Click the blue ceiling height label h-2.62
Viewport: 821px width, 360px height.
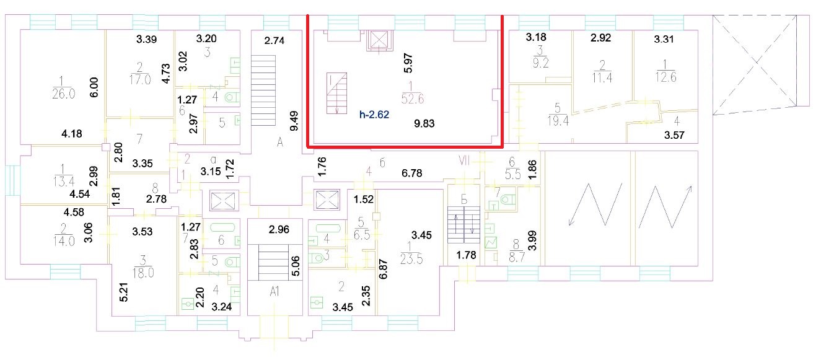click(x=374, y=115)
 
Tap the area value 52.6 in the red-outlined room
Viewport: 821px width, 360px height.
click(x=412, y=99)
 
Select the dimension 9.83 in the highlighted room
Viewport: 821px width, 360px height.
click(x=424, y=123)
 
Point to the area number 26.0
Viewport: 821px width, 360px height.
click(x=63, y=94)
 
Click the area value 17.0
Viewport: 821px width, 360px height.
click(x=139, y=79)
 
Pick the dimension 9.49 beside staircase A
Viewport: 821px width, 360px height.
click(x=294, y=121)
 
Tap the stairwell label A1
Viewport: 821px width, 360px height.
click(x=274, y=291)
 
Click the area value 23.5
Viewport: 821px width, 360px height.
click(x=411, y=259)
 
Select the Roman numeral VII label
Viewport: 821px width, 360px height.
click(x=464, y=160)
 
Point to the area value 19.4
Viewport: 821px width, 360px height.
click(x=558, y=121)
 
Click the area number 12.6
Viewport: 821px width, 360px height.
click(x=665, y=77)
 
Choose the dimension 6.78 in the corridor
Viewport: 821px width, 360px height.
click(x=412, y=173)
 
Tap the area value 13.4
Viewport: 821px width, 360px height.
click(x=63, y=182)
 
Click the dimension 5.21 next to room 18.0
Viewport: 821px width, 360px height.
click(x=125, y=292)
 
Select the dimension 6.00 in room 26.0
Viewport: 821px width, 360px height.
click(x=94, y=87)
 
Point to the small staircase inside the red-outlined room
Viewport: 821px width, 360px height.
click(x=337, y=93)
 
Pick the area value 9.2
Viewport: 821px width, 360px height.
click(x=540, y=63)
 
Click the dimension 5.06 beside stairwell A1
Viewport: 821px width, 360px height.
click(x=296, y=266)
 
